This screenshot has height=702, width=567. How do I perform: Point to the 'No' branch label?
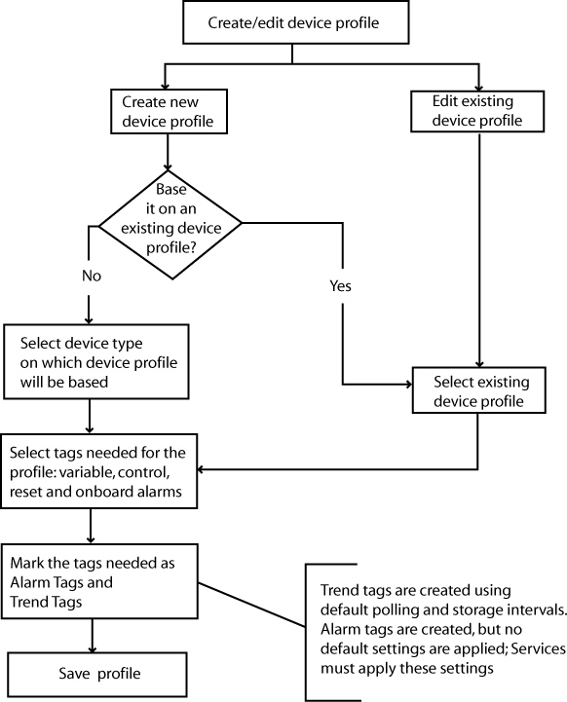pos(92,276)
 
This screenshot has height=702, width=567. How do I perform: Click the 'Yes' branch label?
pos(340,285)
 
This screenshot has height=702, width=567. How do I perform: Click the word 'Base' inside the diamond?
pos(171,190)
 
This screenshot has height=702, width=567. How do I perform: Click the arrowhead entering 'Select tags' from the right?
pos(201,469)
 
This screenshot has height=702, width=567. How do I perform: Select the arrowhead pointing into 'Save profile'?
pos(93,648)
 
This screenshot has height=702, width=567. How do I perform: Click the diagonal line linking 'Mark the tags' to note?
pos(252,605)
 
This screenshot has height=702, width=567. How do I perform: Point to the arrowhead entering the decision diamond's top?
pos(168,167)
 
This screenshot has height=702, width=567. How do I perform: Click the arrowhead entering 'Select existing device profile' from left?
pos(408,385)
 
